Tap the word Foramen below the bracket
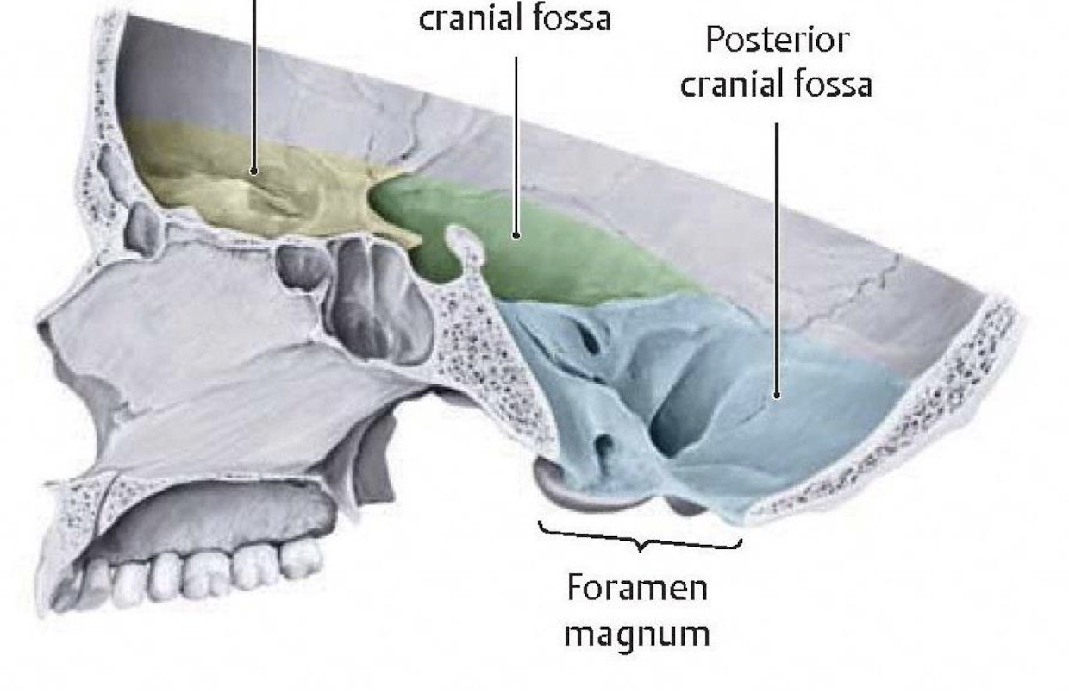point(638,589)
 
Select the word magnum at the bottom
point(638,634)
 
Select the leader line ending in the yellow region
point(253,86)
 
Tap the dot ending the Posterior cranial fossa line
point(777,396)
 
